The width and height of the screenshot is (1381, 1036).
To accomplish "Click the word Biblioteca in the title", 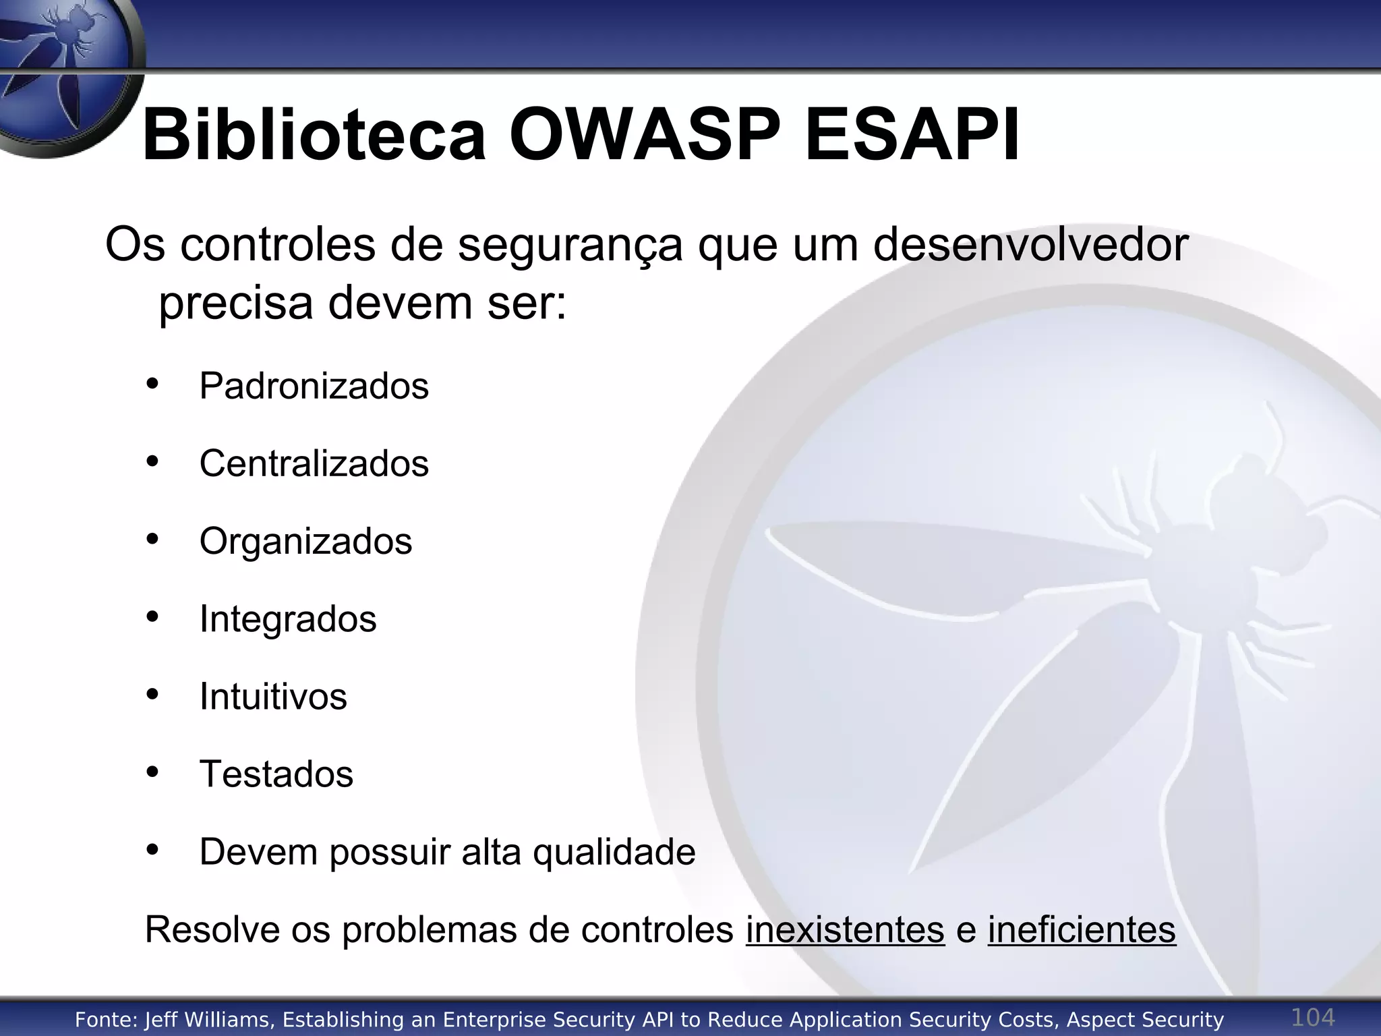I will (x=314, y=135).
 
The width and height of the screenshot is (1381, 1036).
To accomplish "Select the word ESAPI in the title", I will (x=912, y=135).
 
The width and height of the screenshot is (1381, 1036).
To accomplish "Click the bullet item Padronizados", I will (x=314, y=386).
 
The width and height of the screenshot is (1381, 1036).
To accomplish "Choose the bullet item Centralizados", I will (x=314, y=464).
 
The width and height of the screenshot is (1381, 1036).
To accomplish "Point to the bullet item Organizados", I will (x=305, y=542).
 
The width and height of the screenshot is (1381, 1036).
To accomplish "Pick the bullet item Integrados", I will (x=288, y=619).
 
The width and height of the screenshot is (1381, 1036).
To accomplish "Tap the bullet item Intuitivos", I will (x=273, y=697).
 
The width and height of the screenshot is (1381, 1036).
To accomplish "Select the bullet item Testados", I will (x=276, y=774).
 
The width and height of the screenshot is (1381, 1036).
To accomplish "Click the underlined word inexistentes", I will (x=845, y=930).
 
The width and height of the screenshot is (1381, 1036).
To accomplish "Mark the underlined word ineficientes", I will (x=1082, y=930).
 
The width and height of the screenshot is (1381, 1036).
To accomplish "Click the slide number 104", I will (x=1312, y=1017).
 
